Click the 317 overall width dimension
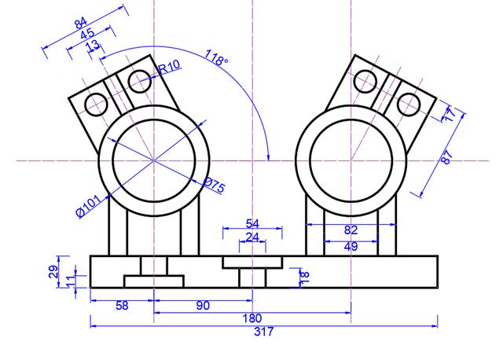(263, 332)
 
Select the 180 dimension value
(252, 319)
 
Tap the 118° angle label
(216, 60)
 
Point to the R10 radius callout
(170, 68)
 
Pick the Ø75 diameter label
(213, 186)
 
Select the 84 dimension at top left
(82, 24)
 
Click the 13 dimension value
(94, 46)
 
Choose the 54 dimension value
(252, 225)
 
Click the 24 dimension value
(252, 237)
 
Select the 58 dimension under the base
(122, 306)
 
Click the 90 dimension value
(203, 306)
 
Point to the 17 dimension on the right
(449, 115)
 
